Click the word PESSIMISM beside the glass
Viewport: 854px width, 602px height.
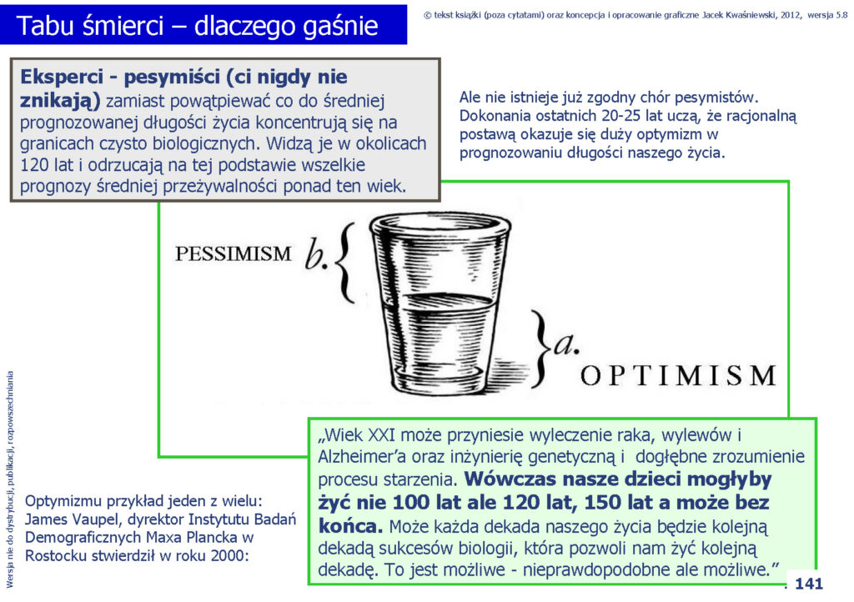coord(234,253)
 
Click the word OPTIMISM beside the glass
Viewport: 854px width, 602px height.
coord(679,375)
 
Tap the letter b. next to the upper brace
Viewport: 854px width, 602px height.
coord(316,253)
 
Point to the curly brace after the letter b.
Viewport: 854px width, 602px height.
coord(344,263)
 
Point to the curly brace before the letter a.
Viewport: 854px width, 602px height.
coord(540,349)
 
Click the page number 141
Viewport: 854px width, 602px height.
coord(809,584)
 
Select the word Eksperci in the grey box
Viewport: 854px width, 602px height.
coord(62,77)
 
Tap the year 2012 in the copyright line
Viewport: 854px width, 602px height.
coord(791,15)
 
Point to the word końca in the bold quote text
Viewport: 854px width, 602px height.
coord(349,526)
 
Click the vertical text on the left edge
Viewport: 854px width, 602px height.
coord(10,479)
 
